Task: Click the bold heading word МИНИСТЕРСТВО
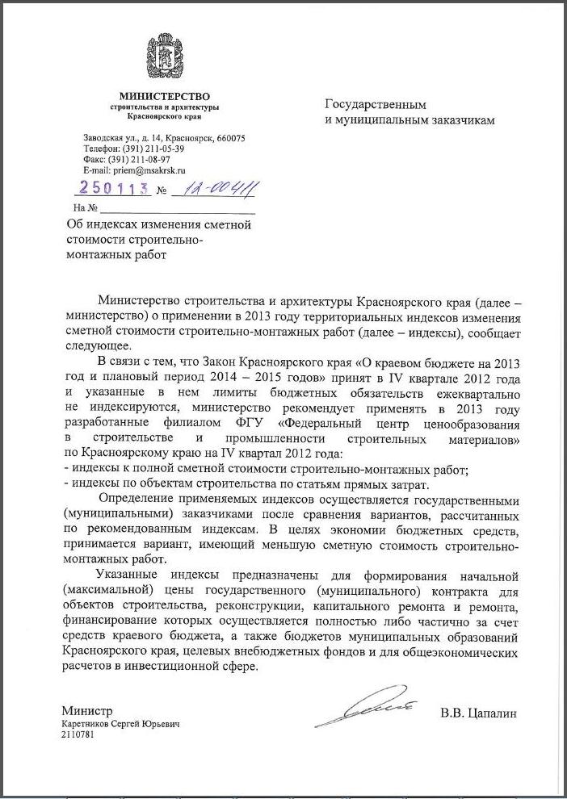164,97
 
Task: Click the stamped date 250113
112,189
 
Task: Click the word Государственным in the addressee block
375,105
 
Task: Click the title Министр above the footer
86,711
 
